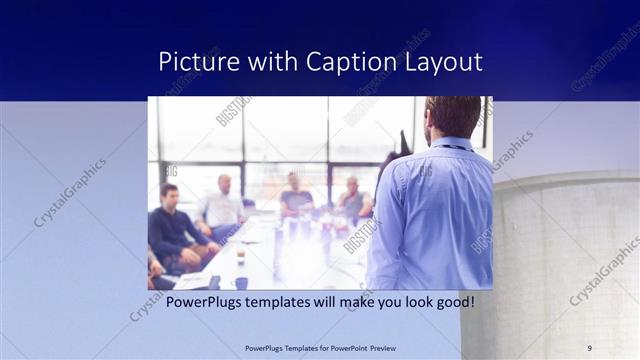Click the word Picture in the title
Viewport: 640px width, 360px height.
point(194,62)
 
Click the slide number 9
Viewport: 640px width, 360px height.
point(590,347)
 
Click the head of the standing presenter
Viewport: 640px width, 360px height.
point(452,117)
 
